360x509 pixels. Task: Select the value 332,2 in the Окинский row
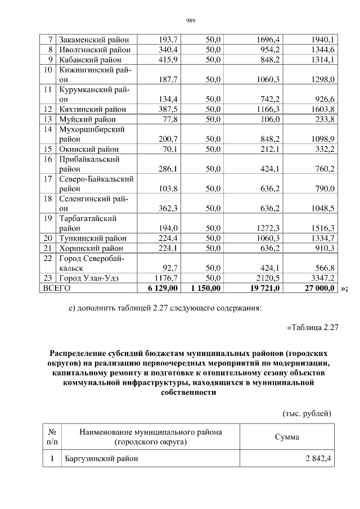point(323,149)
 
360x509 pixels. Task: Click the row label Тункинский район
point(93,238)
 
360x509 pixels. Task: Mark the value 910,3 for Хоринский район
point(323,248)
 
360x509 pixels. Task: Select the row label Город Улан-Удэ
point(90,278)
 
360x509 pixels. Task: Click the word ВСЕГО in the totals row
point(56,288)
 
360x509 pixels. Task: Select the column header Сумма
point(287,437)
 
